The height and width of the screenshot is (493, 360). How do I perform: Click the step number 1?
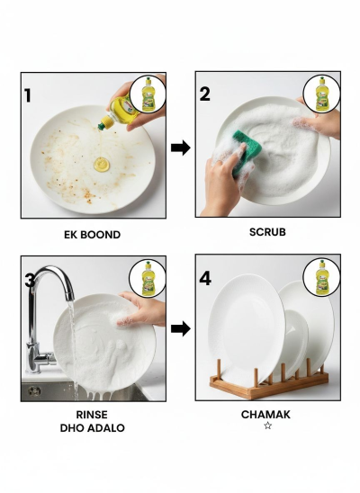[x=28, y=96]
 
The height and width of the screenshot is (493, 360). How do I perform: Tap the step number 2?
[x=204, y=94]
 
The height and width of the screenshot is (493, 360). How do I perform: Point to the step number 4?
[x=205, y=279]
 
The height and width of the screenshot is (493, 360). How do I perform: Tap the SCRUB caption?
[x=267, y=232]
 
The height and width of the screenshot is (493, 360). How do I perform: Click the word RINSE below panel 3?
[x=92, y=415]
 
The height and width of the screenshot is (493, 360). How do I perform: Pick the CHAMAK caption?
[x=265, y=415]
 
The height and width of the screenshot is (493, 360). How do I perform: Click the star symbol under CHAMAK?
[x=267, y=426]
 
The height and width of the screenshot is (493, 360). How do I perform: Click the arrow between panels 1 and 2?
[x=181, y=148]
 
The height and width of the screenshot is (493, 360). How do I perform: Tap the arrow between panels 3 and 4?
[x=181, y=329]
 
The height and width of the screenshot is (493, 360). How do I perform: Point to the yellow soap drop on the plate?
[x=102, y=165]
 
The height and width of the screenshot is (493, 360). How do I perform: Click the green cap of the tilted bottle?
[x=102, y=126]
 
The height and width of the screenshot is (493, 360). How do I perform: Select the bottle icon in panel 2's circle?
[x=321, y=94]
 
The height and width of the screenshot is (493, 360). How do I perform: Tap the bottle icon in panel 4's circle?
[x=321, y=278]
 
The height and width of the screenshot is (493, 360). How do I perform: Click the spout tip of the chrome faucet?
[x=70, y=297]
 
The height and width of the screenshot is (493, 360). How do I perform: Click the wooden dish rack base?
[x=269, y=385]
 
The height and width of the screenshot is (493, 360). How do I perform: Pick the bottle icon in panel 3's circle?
[x=148, y=278]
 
